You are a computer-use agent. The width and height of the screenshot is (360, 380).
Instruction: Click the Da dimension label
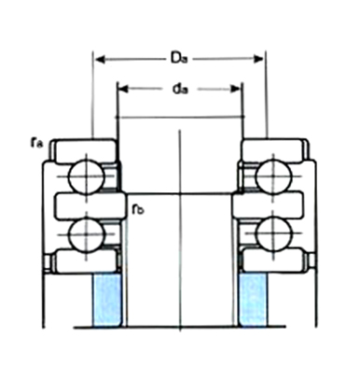[179, 58]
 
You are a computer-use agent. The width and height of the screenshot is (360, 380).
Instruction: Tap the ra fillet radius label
[37, 143]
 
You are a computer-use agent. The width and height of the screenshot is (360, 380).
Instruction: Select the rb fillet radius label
[138, 209]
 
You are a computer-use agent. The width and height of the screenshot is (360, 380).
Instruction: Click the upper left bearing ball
[87, 176]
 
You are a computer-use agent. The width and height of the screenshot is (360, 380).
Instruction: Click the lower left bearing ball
[87, 234]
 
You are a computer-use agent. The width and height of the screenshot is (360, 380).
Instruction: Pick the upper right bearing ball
[273, 176]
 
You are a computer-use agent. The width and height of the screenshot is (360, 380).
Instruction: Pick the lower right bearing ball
[273, 234]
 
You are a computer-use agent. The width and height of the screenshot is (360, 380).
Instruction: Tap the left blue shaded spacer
[106, 300]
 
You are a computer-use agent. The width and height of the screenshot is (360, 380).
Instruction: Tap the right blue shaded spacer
[253, 300]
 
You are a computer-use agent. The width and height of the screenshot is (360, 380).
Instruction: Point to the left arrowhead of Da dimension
[100, 59]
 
